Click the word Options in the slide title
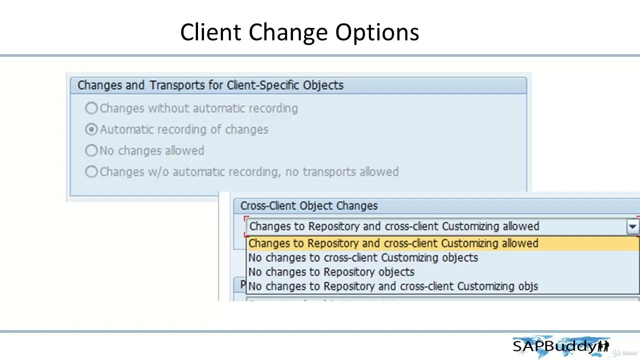(x=377, y=32)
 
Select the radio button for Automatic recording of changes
(x=91, y=129)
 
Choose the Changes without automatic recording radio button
(x=91, y=108)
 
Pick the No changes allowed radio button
(x=91, y=150)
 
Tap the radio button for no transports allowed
(x=91, y=172)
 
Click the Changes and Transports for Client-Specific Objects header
(x=210, y=85)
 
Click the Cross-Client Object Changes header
(x=308, y=206)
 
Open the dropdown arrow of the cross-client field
(x=632, y=227)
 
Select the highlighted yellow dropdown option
(x=393, y=243)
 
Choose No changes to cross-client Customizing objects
(x=363, y=258)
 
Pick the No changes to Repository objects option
(x=331, y=272)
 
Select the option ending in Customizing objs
(x=393, y=286)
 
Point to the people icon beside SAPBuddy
(x=603, y=346)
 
